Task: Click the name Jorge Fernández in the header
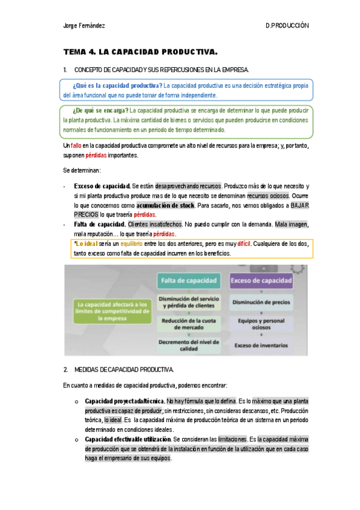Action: click(x=84, y=26)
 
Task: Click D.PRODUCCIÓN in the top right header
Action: click(x=287, y=26)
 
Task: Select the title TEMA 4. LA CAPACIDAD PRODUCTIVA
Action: click(x=141, y=52)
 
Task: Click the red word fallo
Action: click(x=76, y=146)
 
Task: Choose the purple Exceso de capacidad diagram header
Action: click(x=261, y=280)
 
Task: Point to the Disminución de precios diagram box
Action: click(x=261, y=302)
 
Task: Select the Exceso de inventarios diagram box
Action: click(x=261, y=345)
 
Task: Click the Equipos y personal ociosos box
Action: click(x=261, y=324)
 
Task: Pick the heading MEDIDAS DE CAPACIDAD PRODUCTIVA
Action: click(x=123, y=369)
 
